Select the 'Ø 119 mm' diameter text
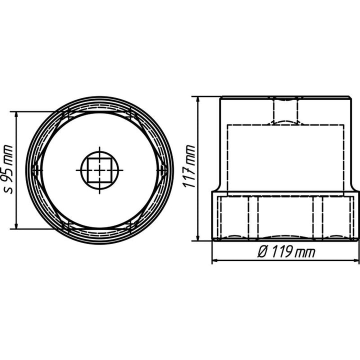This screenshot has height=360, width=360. (286, 252)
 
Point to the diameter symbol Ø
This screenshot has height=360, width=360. (262, 252)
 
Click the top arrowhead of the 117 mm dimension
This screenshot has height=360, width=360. (198, 100)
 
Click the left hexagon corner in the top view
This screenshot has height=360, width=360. (32, 170)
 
